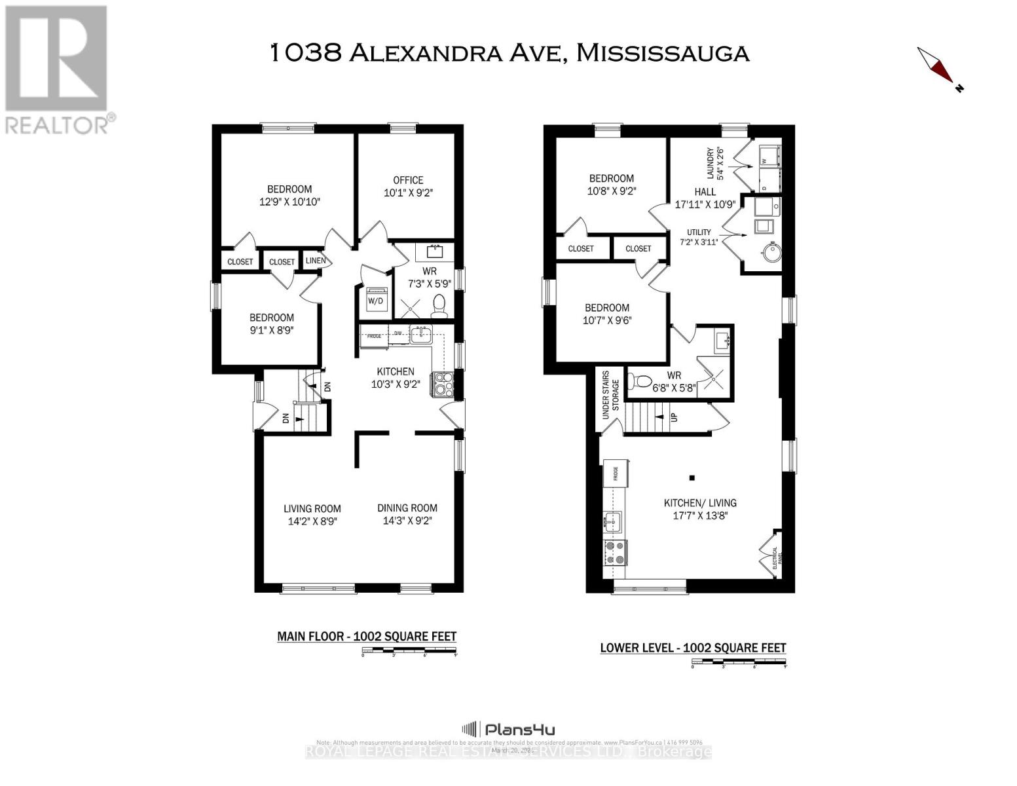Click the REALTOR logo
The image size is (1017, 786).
pyautogui.click(x=57, y=69)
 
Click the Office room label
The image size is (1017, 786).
pyautogui.click(x=408, y=180)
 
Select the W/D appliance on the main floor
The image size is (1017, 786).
pyautogui.click(x=376, y=301)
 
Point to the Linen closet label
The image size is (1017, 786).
pyautogui.click(x=316, y=261)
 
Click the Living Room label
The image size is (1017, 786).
pyautogui.click(x=312, y=508)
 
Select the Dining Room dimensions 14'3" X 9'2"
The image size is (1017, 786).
pyautogui.click(x=407, y=521)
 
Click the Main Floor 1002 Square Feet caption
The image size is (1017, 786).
pyautogui.click(x=367, y=636)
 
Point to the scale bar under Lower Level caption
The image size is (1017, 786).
pyautogui.click(x=739, y=665)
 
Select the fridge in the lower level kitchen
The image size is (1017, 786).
pyautogui.click(x=616, y=473)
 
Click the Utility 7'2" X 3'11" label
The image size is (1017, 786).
pyautogui.click(x=699, y=237)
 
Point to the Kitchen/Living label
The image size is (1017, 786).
pyautogui.click(x=700, y=503)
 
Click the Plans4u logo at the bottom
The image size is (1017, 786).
pyautogui.click(x=509, y=729)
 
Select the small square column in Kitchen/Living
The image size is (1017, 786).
pyautogui.click(x=692, y=477)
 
